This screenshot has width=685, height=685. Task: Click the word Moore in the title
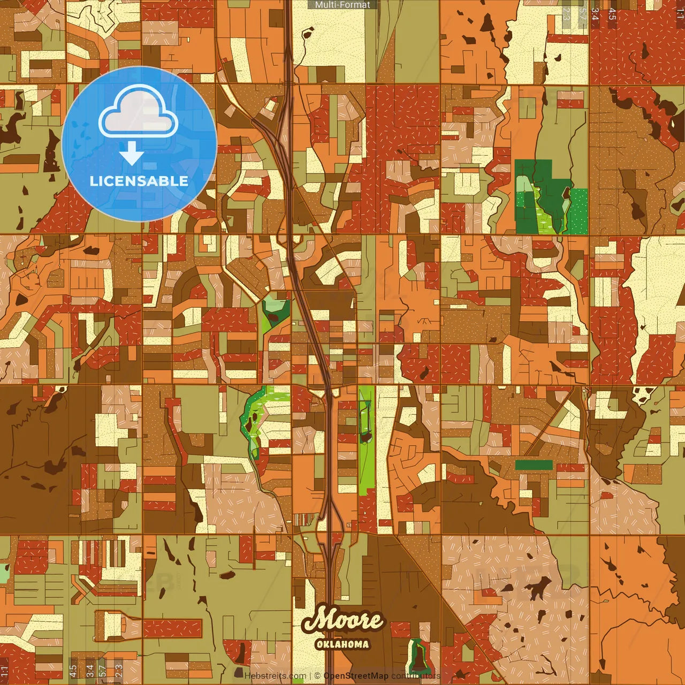(x=342, y=620)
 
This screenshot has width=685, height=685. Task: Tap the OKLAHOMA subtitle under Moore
(x=342, y=644)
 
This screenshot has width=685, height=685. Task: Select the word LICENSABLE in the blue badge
(x=139, y=181)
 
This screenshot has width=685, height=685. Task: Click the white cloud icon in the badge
(x=139, y=112)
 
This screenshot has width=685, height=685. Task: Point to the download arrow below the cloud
(x=132, y=154)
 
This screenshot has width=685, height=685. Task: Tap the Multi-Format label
(x=342, y=5)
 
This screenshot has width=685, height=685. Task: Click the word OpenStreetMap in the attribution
(x=356, y=676)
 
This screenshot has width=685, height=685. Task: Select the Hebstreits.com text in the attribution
(x=276, y=676)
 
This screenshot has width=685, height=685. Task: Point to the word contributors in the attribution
(x=416, y=676)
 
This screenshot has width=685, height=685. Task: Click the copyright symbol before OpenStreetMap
(x=317, y=676)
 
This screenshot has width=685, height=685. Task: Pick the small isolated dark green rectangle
(x=534, y=465)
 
